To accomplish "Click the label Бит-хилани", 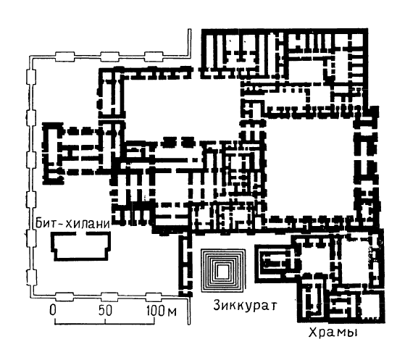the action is click(x=73, y=223).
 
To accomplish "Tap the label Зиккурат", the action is click(x=245, y=306).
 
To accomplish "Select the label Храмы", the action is click(x=333, y=332).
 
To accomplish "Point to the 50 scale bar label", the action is click(x=105, y=310).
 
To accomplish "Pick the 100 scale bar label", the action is click(x=156, y=310).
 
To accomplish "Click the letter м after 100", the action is click(x=172, y=311).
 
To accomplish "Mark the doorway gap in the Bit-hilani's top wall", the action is click(x=80, y=234).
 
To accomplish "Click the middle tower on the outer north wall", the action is click(x=110, y=56).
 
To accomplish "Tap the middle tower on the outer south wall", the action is click(x=110, y=297).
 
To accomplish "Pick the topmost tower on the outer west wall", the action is click(x=31, y=77).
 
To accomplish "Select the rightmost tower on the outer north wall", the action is click(x=154, y=56).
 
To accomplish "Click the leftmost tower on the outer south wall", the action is click(x=64, y=297).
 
